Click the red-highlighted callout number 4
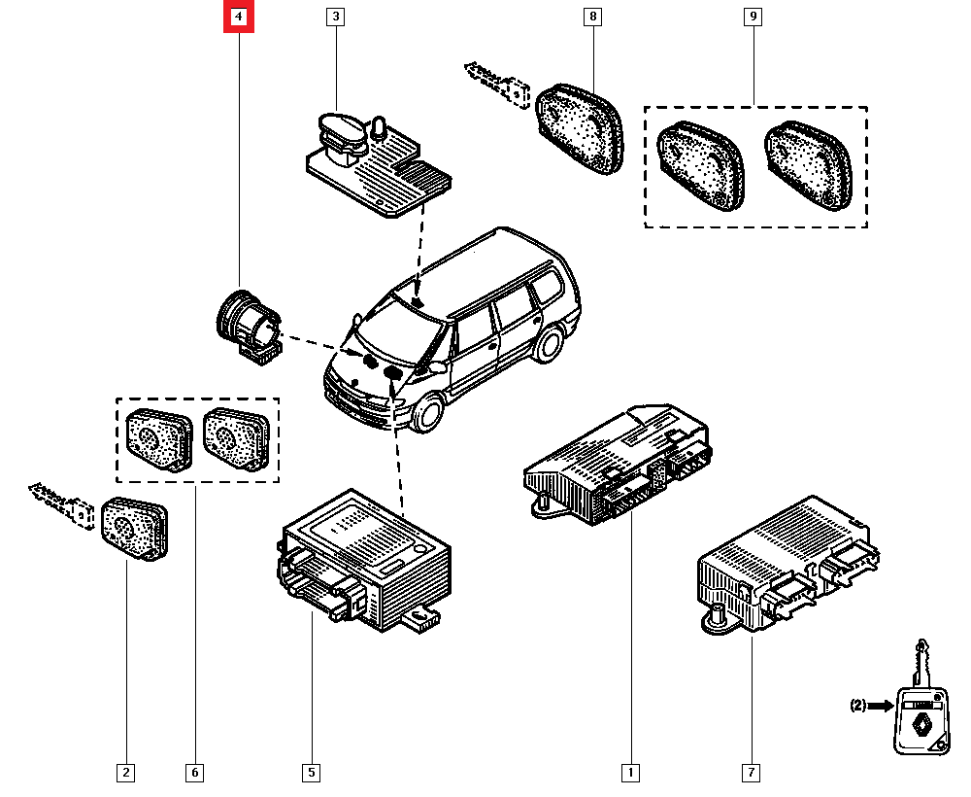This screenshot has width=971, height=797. pyautogui.click(x=239, y=17)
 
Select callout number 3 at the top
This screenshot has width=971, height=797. pyautogui.click(x=335, y=17)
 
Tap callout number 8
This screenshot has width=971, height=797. pyautogui.click(x=591, y=17)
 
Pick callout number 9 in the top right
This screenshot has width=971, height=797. pyautogui.click(x=752, y=17)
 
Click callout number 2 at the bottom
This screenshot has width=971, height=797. pyautogui.click(x=125, y=773)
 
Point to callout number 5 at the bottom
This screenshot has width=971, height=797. pyautogui.click(x=311, y=773)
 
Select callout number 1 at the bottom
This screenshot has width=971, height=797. pyautogui.click(x=630, y=773)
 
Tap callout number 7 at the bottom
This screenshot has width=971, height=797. pyautogui.click(x=752, y=773)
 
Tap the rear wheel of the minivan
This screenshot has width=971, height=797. pyautogui.click(x=551, y=345)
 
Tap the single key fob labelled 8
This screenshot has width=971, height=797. pyautogui.click(x=581, y=126)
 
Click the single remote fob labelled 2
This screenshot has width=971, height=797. pyautogui.click(x=135, y=528)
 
